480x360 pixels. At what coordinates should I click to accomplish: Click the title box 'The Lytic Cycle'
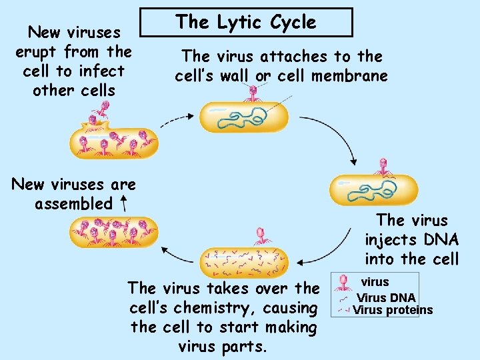pos(246,22)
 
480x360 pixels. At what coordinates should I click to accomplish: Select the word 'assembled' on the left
pos(74,204)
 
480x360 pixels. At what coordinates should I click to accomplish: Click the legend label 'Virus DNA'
pos(386,297)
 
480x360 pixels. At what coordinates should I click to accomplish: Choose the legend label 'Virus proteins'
pos(393,310)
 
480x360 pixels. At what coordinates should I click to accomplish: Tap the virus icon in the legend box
pos(343,283)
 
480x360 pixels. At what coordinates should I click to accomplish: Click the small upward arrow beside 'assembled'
pos(125,201)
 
